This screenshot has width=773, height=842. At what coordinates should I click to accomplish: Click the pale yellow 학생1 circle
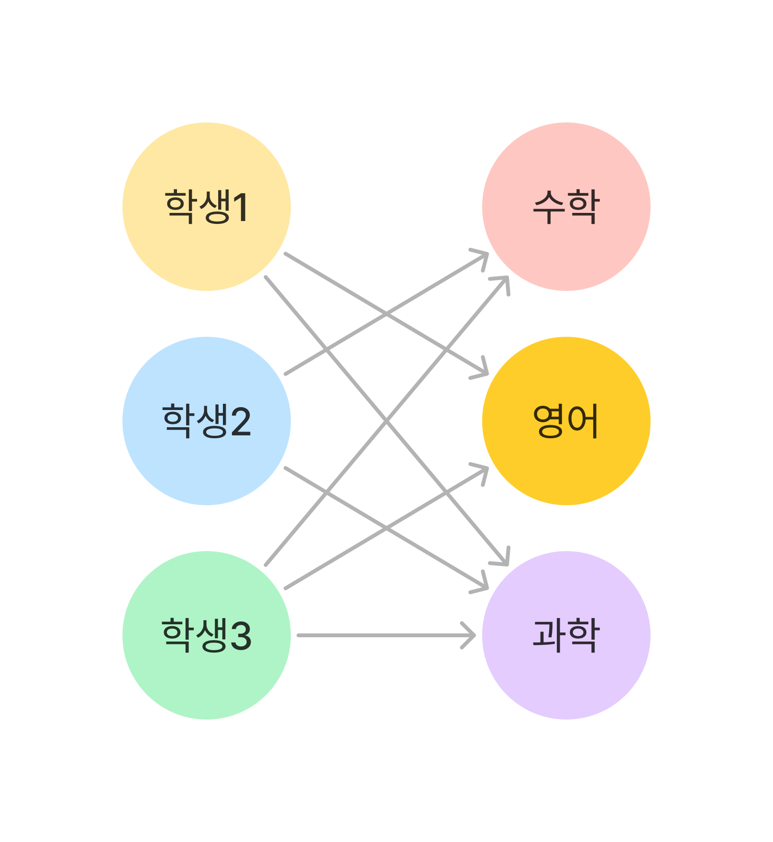[207, 207]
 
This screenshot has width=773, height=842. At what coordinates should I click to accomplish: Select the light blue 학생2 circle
[207, 421]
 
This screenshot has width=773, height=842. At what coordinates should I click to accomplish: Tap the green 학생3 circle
[207, 635]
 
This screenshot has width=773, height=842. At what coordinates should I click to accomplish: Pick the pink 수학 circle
[566, 207]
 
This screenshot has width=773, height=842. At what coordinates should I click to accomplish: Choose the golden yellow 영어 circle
[566, 421]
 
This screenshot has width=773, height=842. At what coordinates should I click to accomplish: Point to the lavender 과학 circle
[566, 635]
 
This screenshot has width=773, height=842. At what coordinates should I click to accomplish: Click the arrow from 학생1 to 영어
[386, 313]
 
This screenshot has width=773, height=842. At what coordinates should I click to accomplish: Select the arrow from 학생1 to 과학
[386, 421]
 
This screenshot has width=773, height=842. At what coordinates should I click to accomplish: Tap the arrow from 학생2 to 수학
[386, 313]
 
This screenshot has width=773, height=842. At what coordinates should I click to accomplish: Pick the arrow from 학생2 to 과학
[386, 528]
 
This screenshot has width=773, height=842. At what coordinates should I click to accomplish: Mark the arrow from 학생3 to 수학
[386, 421]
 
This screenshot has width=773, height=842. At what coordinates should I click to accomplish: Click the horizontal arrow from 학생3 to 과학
[386, 635]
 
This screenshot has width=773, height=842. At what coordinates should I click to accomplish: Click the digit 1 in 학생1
[241, 207]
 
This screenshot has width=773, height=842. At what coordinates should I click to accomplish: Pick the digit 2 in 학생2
[241, 421]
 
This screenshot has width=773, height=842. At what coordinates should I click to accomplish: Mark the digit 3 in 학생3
[241, 636]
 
